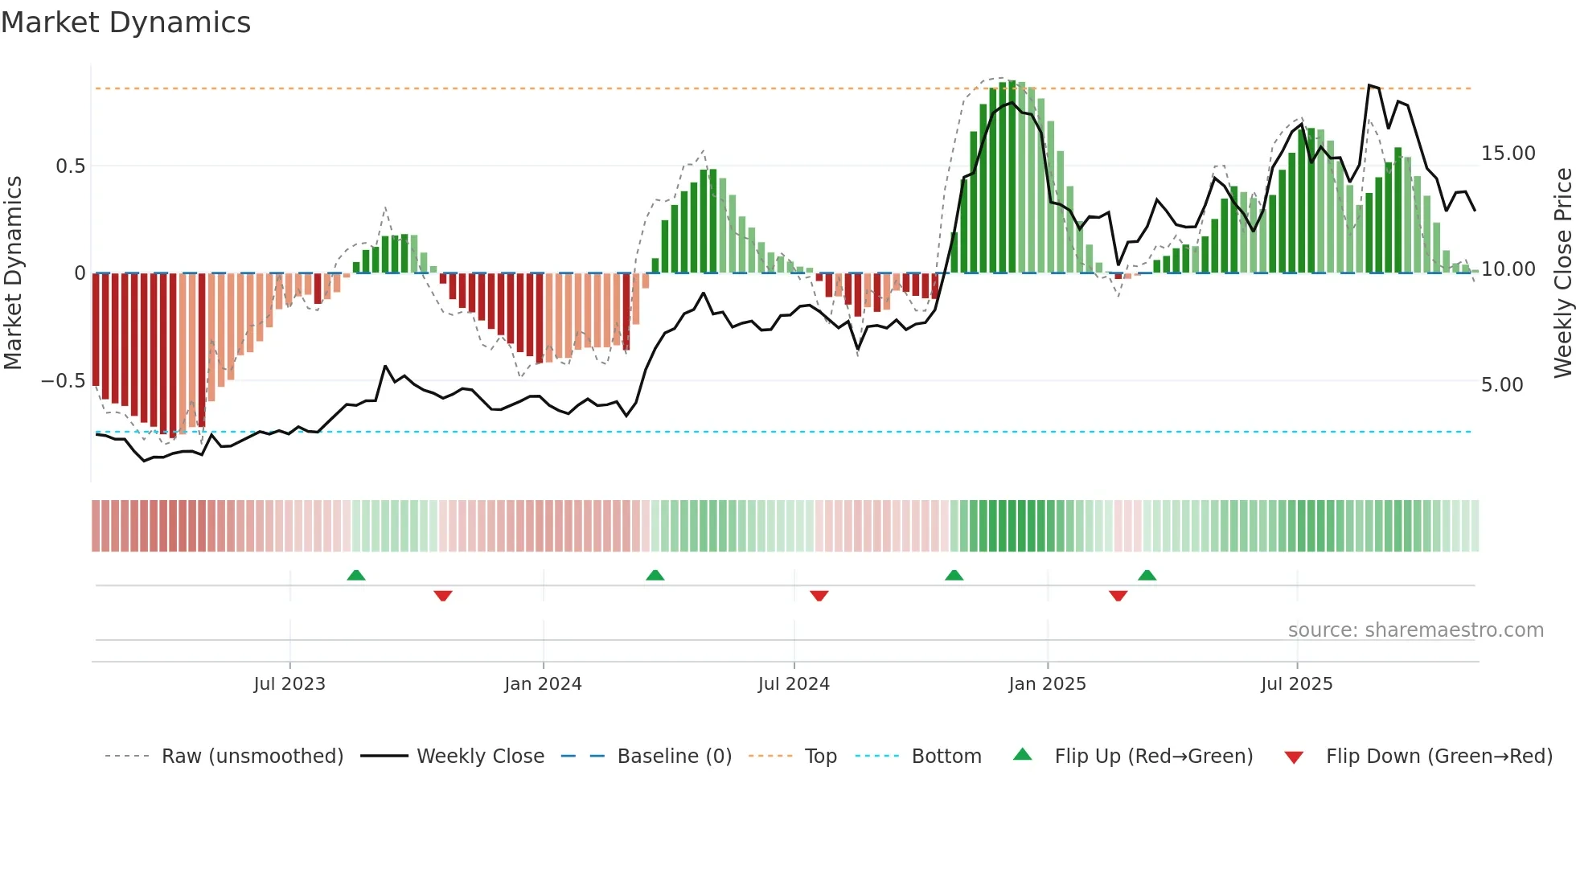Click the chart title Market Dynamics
point(125,23)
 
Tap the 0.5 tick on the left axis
point(70,166)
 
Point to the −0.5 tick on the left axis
point(64,381)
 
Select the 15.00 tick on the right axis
point(1508,154)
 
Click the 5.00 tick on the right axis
point(1501,385)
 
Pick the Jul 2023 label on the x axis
point(289,684)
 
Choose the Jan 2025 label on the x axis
point(1047,684)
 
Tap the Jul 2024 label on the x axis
point(794,684)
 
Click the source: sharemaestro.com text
point(1415,630)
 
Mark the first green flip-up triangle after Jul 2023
point(356,575)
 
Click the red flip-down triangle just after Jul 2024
point(819,596)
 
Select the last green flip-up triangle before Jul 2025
point(1147,575)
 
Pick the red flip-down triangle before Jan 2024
point(443,596)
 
